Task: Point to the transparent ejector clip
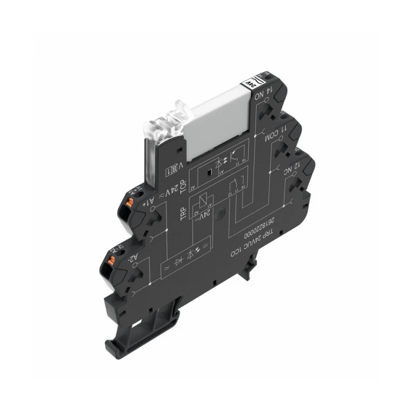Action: coord(164,122)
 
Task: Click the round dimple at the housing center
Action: coord(220,212)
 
